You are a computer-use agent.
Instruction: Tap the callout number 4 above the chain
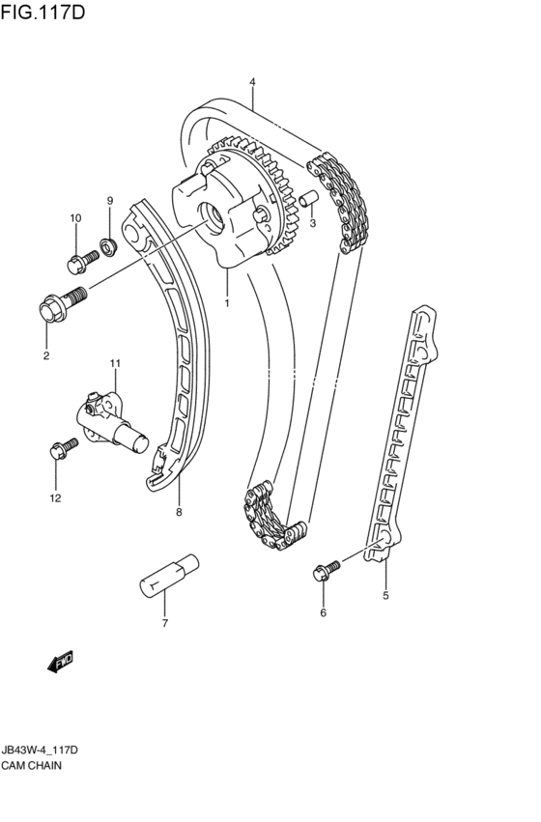[252, 83]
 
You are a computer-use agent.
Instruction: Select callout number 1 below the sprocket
[228, 303]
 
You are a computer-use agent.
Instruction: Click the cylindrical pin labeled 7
[169, 577]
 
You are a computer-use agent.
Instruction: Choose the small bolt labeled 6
[326, 570]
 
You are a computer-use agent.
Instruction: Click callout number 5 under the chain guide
[384, 596]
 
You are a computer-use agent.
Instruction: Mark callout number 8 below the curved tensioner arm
[179, 512]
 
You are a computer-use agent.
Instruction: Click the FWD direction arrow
[60, 663]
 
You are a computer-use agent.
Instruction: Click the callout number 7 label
[164, 623]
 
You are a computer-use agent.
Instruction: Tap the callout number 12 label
[55, 498]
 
